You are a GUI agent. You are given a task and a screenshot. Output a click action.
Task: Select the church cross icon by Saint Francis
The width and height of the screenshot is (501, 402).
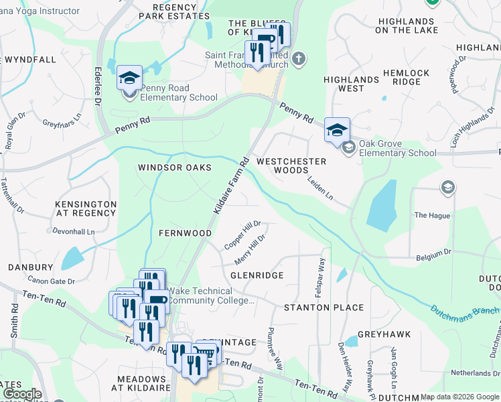click(x=299, y=59)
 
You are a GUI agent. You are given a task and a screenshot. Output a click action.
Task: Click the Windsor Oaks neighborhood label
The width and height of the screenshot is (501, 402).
click(x=175, y=167)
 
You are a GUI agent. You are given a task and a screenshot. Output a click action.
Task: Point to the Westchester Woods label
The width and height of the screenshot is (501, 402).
click(x=291, y=165)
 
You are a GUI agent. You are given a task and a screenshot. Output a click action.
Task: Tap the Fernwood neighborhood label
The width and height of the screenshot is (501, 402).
click(x=185, y=233)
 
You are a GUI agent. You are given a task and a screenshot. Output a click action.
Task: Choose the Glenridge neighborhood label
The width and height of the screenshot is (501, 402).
click(x=257, y=275)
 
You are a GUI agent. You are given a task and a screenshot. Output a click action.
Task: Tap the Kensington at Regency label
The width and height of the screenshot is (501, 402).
click(x=86, y=208)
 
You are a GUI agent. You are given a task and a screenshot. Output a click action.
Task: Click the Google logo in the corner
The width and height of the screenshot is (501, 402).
click(x=21, y=395)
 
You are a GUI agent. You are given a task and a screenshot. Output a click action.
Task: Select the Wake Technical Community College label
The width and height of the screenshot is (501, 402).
click(x=210, y=295)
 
